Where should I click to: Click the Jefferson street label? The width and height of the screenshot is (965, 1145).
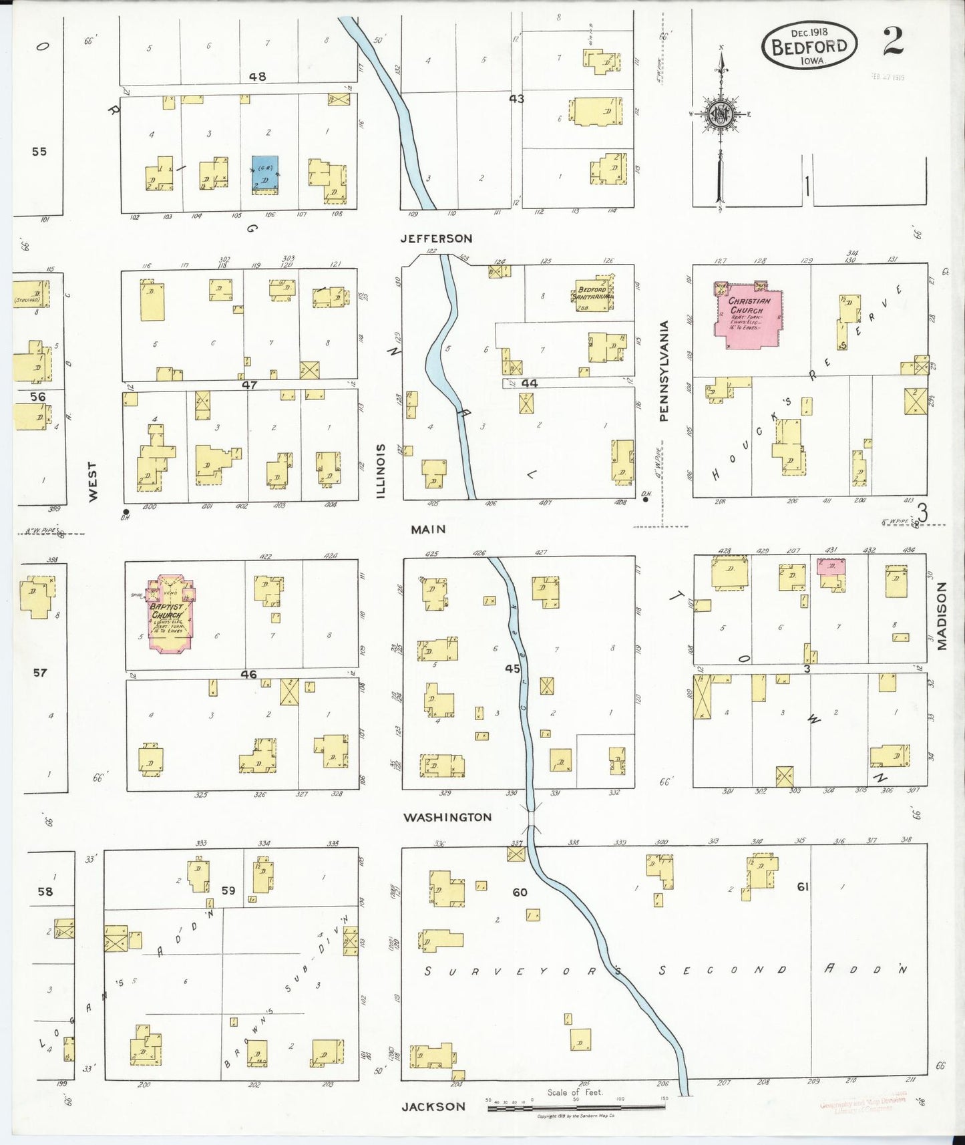click(x=436, y=238)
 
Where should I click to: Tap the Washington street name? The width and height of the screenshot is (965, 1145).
click(x=447, y=817)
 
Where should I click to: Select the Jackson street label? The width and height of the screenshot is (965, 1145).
click(x=433, y=1106)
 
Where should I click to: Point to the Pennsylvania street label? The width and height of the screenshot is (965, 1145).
click(x=664, y=371)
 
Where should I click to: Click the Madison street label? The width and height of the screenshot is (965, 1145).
click(x=942, y=616)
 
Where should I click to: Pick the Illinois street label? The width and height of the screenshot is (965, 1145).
click(x=381, y=470)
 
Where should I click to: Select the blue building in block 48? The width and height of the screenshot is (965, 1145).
click(x=265, y=175)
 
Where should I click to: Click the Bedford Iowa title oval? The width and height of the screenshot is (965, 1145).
click(x=809, y=45)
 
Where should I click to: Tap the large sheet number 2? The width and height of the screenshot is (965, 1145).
click(x=892, y=41)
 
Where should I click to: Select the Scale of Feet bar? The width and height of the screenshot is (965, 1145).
click(x=576, y=1108)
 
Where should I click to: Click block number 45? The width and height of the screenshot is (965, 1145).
click(x=512, y=668)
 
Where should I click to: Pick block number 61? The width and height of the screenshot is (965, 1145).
click(x=803, y=886)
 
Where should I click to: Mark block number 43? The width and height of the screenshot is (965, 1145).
click(x=516, y=99)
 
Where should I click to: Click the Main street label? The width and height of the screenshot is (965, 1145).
click(x=428, y=529)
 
